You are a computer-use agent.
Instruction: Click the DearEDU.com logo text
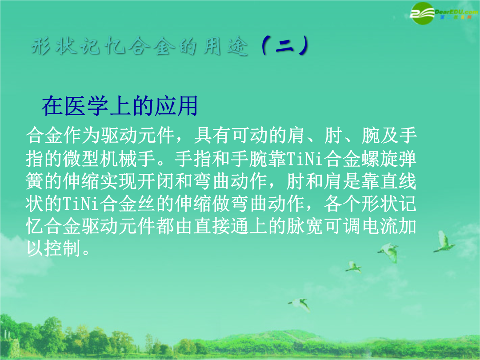(x=456, y=12)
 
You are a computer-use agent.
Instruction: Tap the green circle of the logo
(x=423, y=13)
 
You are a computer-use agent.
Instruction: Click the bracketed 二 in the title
(x=285, y=46)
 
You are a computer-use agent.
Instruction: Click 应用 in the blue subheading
(x=176, y=106)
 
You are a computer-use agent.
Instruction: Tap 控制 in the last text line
(x=63, y=248)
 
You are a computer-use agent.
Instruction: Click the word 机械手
(x=128, y=159)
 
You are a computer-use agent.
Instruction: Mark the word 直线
(x=398, y=181)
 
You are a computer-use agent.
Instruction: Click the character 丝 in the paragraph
(x=146, y=204)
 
